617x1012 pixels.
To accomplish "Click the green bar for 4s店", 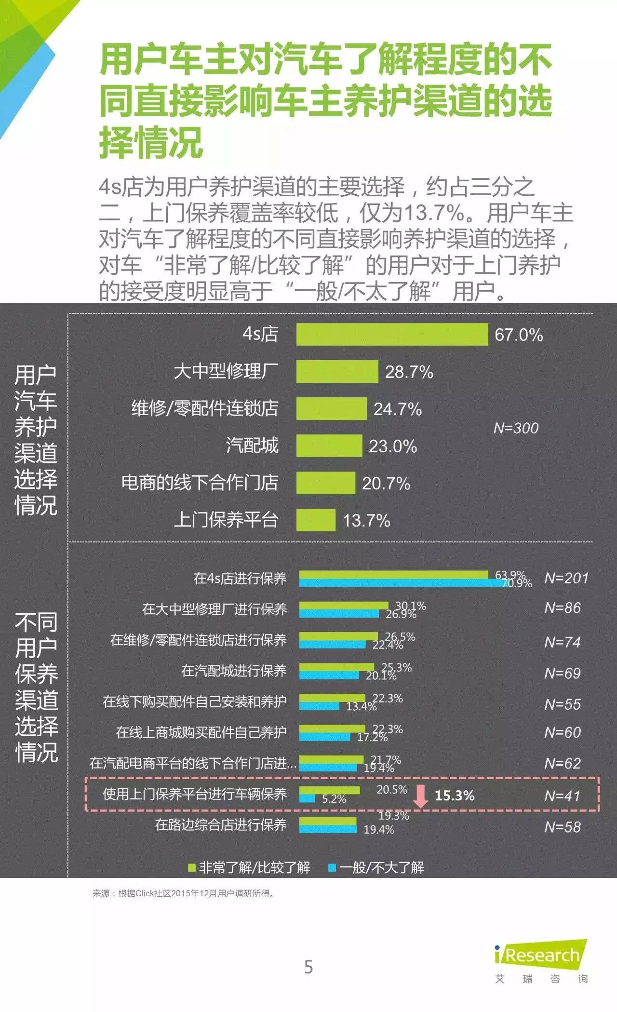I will point(392,335).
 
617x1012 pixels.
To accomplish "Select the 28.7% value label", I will point(409,372).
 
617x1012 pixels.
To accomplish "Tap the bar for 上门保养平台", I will point(316,520).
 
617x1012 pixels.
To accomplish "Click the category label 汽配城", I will point(252,445).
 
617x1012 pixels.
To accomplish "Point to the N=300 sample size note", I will point(516,428).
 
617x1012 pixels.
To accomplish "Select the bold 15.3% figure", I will point(455,796).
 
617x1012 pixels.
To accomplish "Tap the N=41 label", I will point(562,796).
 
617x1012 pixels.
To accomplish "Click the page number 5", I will point(308,967).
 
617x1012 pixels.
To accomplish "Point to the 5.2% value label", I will point(334,799).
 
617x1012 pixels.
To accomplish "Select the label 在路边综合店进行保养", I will point(221,825).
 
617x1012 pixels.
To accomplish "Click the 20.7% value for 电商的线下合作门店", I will point(386,483).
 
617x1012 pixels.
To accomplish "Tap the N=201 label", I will point(566,578).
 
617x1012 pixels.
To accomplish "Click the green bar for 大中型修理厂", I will point(337,372).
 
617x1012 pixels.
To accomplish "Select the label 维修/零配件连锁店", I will point(205,408).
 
